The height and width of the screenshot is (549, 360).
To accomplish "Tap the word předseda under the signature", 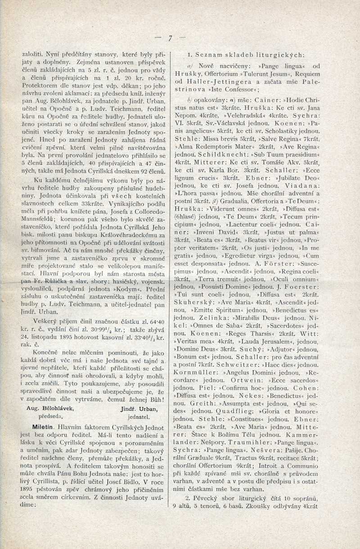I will (49, 416).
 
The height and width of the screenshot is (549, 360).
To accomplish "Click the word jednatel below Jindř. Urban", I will (139, 416).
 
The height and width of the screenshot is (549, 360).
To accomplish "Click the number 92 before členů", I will (144, 172).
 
